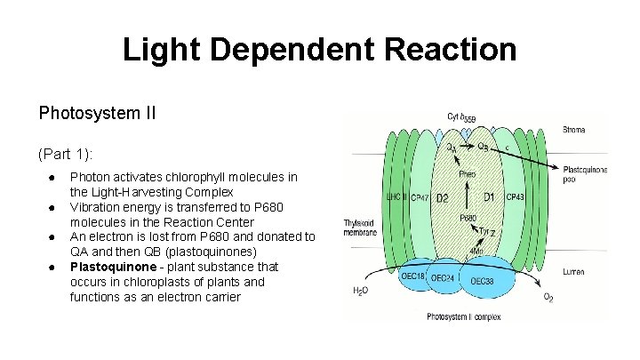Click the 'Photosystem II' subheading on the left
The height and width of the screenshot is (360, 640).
coord(98,114)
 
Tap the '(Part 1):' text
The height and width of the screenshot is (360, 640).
coord(67,154)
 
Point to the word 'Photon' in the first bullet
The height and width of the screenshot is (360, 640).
coord(91,177)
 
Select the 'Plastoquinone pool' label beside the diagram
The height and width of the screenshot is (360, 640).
coord(584,174)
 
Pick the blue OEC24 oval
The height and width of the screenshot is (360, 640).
coord(444,278)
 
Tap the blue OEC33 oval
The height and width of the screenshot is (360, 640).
coord(483,282)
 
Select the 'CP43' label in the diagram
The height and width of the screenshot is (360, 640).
coord(516,196)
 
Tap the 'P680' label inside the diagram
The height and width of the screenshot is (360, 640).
coord(468,218)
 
